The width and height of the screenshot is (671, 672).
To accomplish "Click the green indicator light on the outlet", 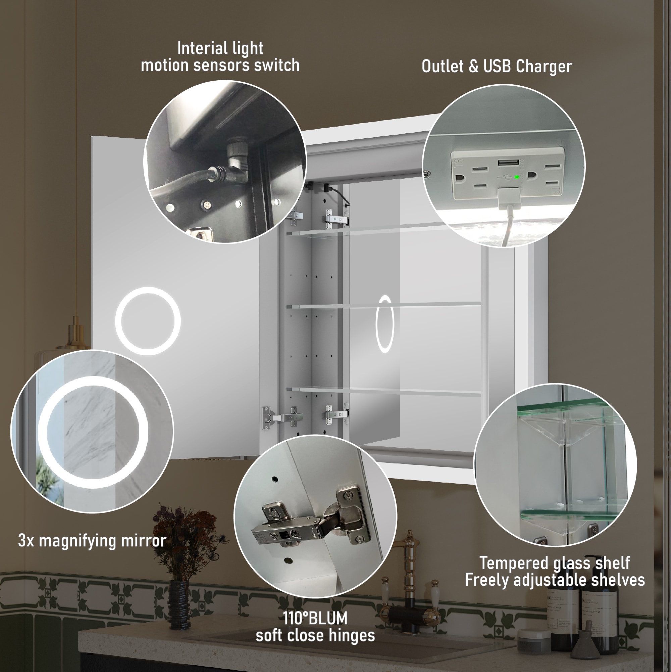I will [517, 177].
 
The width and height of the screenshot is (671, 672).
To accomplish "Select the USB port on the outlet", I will [508, 163].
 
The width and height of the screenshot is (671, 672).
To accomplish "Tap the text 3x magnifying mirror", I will [92, 541].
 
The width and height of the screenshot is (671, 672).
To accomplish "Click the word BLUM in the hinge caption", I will [328, 618].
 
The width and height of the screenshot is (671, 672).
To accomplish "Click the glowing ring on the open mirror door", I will [148, 321].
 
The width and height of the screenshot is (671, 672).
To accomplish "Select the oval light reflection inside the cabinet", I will [385, 324].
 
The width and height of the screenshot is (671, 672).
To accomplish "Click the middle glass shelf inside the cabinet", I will [382, 305].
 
